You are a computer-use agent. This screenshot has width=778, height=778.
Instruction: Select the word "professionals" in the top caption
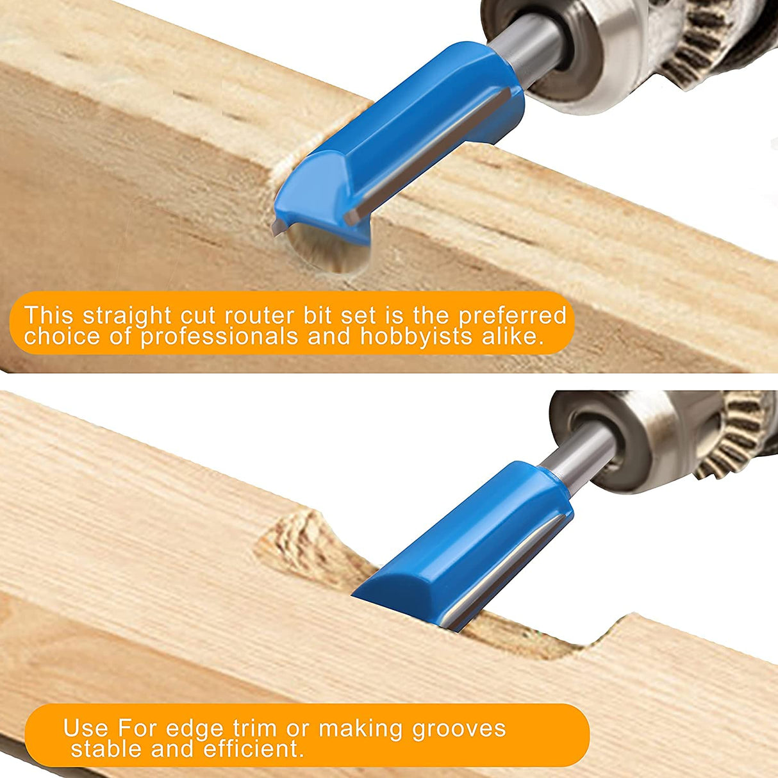[x=219, y=336]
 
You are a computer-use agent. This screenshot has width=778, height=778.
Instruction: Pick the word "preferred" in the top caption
[x=512, y=317]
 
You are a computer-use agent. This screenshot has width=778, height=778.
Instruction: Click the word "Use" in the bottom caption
[x=86, y=729]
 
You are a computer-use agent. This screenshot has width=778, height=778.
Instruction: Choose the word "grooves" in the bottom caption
[x=459, y=729]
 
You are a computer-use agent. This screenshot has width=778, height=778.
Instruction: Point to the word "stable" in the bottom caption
[x=106, y=749]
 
